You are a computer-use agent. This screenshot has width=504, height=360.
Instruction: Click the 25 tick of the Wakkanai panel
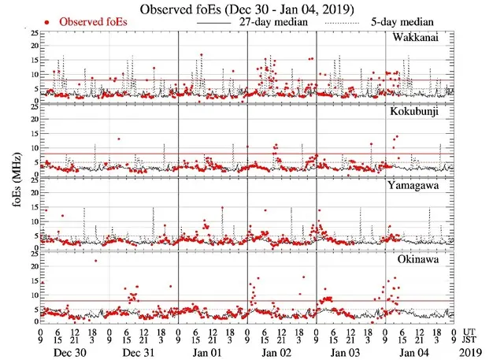click(34, 33)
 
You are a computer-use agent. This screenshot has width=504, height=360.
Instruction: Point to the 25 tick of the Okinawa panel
click(34, 254)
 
